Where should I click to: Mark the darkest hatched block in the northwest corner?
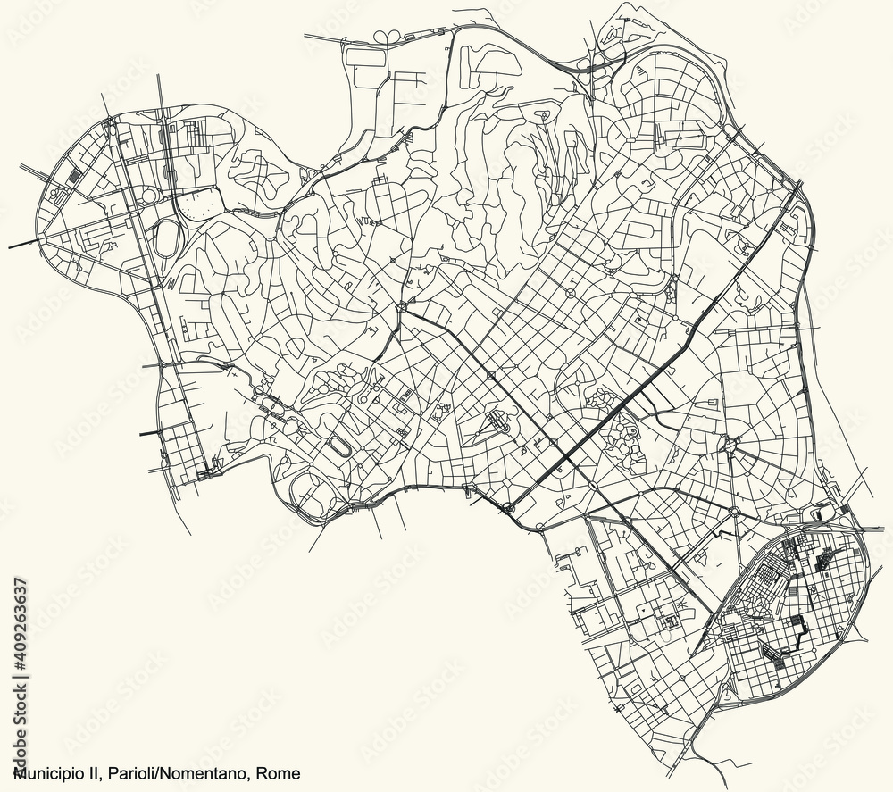point(74,175)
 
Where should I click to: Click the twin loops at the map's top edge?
point(389,37)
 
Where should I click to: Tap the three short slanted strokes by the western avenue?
point(169,284)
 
